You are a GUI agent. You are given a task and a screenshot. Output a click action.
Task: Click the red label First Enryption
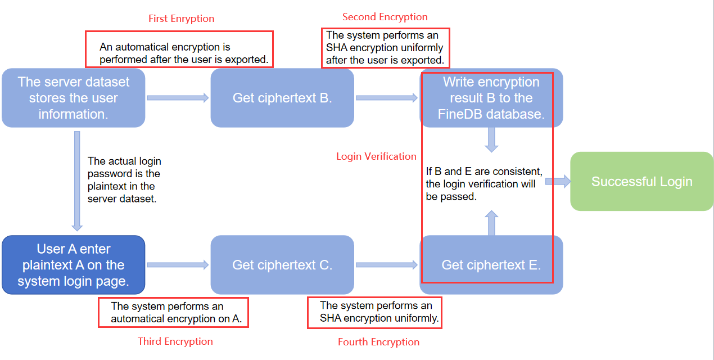click(x=181, y=19)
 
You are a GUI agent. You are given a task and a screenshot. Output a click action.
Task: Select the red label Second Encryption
click(x=385, y=17)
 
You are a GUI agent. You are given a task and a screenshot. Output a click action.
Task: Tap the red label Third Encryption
click(x=175, y=341)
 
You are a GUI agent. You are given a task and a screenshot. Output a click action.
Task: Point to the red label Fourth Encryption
click(x=378, y=342)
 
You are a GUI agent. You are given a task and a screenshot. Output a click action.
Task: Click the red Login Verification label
click(x=376, y=156)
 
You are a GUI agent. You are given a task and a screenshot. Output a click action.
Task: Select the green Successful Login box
click(x=641, y=182)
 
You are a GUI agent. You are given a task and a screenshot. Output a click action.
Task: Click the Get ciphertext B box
click(x=282, y=98)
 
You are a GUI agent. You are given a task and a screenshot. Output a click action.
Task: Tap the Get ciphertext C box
click(x=282, y=265)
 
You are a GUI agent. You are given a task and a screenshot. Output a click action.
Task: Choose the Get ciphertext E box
click(x=491, y=265)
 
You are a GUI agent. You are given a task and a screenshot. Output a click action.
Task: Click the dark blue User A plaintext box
click(x=73, y=265)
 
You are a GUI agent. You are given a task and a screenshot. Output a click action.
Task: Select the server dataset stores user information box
click(x=73, y=98)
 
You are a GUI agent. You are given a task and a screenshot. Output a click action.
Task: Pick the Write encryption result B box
click(x=491, y=98)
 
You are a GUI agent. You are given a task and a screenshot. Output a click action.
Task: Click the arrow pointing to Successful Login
click(x=558, y=181)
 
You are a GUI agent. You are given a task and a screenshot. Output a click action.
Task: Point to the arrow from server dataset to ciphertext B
click(x=178, y=98)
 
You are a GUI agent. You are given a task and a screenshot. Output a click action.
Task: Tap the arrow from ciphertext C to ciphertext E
click(x=387, y=265)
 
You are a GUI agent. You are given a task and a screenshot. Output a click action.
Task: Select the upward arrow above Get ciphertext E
click(x=491, y=223)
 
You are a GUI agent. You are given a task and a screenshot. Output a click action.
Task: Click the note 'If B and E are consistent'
click(x=483, y=184)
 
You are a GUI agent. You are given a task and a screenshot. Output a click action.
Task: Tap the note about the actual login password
click(x=124, y=180)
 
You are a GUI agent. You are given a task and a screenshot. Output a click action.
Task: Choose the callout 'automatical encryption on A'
click(x=173, y=313)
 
